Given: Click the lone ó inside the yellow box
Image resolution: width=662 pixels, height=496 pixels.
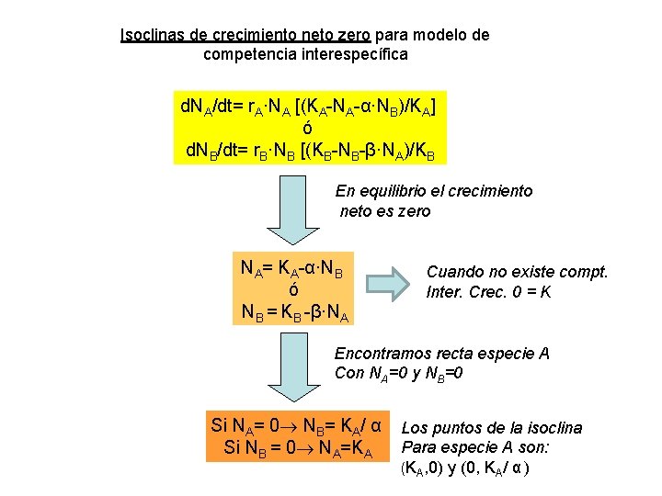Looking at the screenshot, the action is click(x=307, y=128).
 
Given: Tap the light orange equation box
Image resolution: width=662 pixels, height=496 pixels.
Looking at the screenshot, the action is click(x=294, y=286).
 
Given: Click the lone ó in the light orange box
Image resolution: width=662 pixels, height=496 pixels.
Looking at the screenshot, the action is click(x=293, y=289).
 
